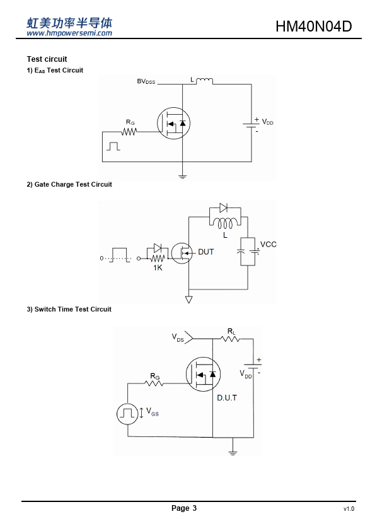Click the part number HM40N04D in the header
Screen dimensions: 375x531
[314, 26]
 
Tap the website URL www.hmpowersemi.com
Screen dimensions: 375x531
[69, 33]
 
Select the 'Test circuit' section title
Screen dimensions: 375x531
[47, 59]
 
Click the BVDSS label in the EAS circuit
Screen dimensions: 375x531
[146, 81]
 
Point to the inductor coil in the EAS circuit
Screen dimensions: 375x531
[204, 81]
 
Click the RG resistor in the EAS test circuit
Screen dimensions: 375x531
[129, 131]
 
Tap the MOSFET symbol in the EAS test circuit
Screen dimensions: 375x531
[173, 123]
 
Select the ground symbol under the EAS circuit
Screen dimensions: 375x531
[182, 177]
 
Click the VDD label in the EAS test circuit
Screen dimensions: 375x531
[267, 122]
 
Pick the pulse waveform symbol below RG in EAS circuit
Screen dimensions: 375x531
[113, 146]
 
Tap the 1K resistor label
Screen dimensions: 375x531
[158, 268]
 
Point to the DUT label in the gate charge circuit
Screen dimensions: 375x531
[205, 252]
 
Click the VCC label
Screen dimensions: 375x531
[268, 245]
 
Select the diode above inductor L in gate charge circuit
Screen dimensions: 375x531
[223, 207]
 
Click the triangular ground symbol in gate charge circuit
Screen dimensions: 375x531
[189, 300]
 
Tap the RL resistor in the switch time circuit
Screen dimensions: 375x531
[230, 339]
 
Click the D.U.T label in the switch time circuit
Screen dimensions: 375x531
[227, 398]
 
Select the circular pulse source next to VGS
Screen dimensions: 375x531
[127, 414]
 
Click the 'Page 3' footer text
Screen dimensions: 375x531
[184, 508]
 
